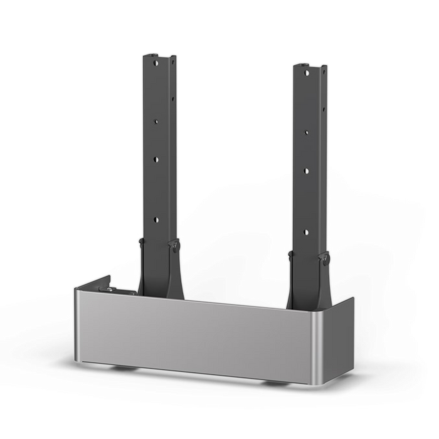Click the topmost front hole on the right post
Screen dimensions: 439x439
[306, 73]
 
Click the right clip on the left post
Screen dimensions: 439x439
[175, 246]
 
